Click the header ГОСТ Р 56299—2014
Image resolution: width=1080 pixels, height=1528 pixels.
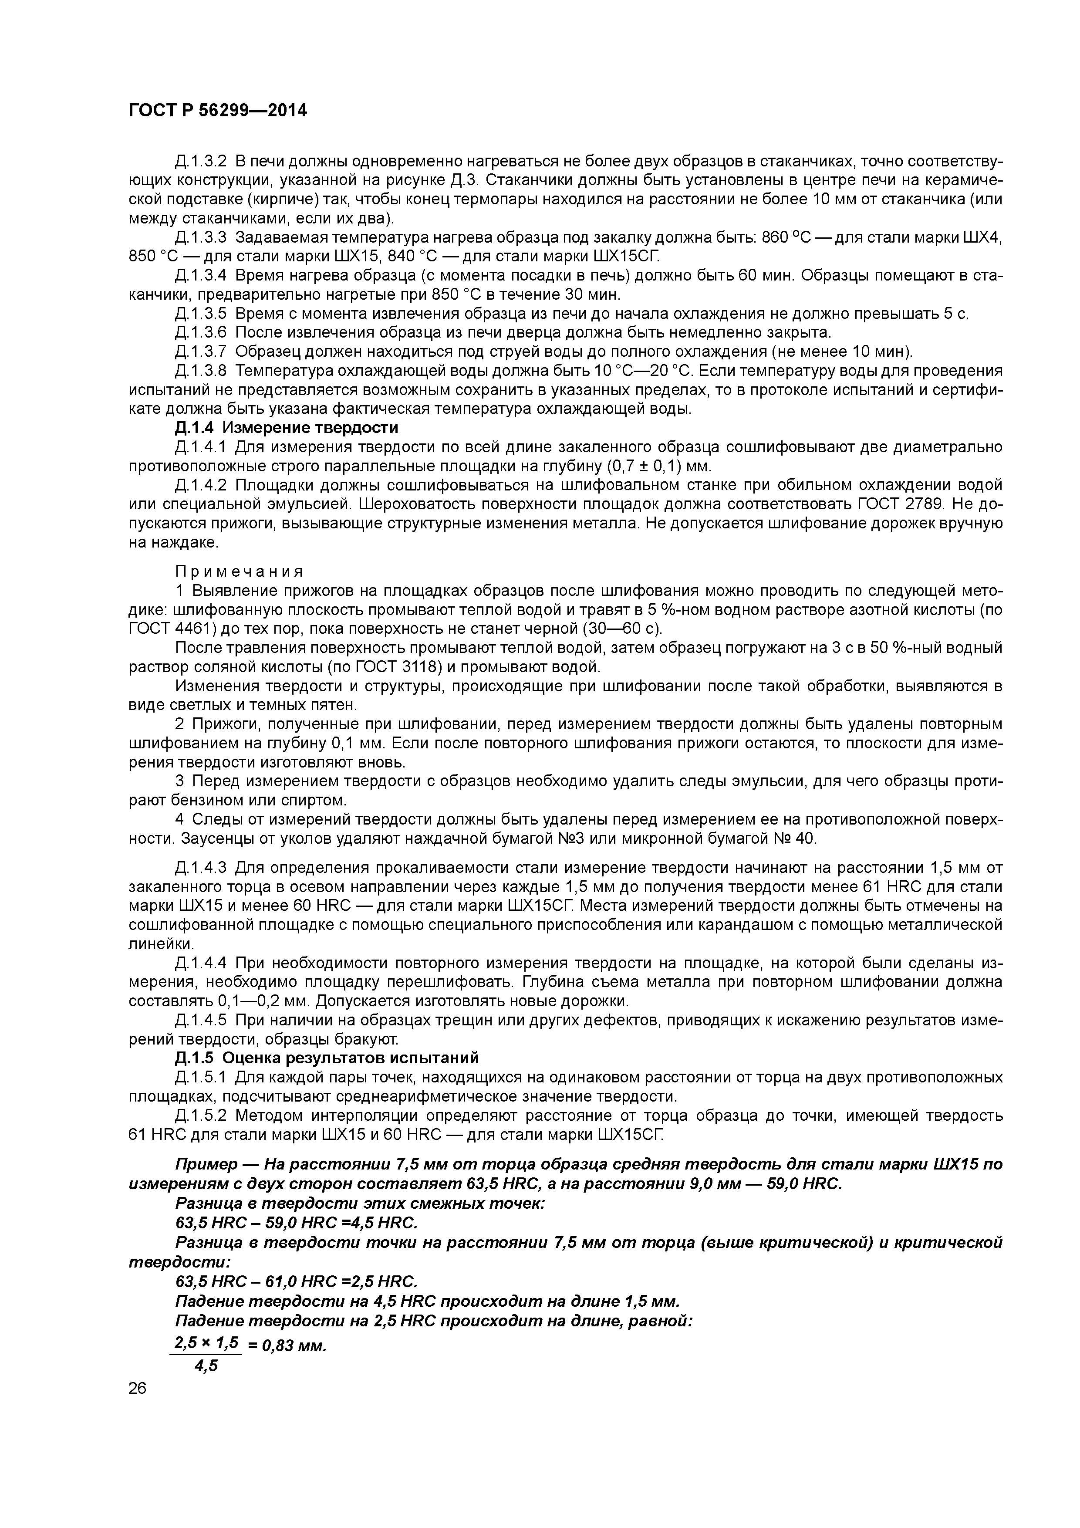[x=218, y=111]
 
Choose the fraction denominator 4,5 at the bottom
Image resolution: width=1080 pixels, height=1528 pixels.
[x=206, y=1366]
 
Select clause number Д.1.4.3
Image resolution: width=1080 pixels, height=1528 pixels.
[x=201, y=868]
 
